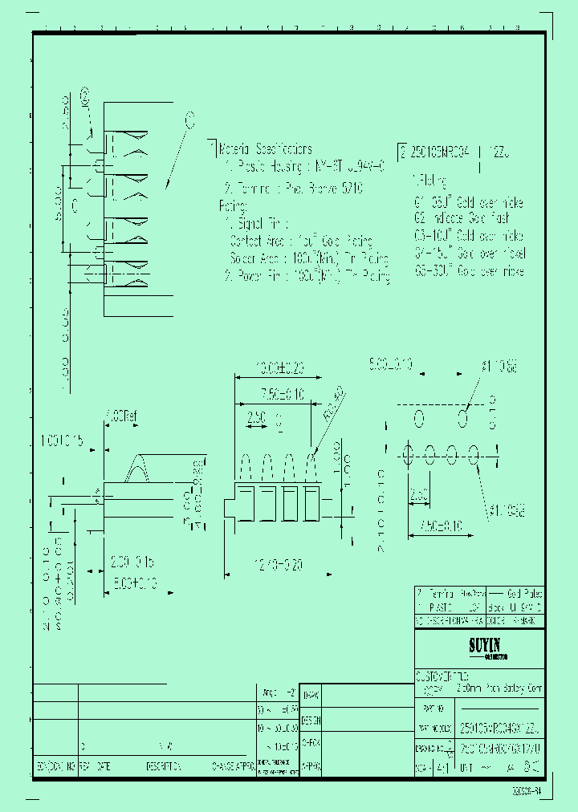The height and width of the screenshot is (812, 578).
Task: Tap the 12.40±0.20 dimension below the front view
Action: coord(277,566)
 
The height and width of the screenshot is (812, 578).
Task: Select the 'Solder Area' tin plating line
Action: coord(309,258)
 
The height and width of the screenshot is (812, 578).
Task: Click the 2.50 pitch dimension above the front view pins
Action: coord(254,419)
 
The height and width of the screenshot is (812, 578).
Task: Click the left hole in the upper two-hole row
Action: coord(418,418)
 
